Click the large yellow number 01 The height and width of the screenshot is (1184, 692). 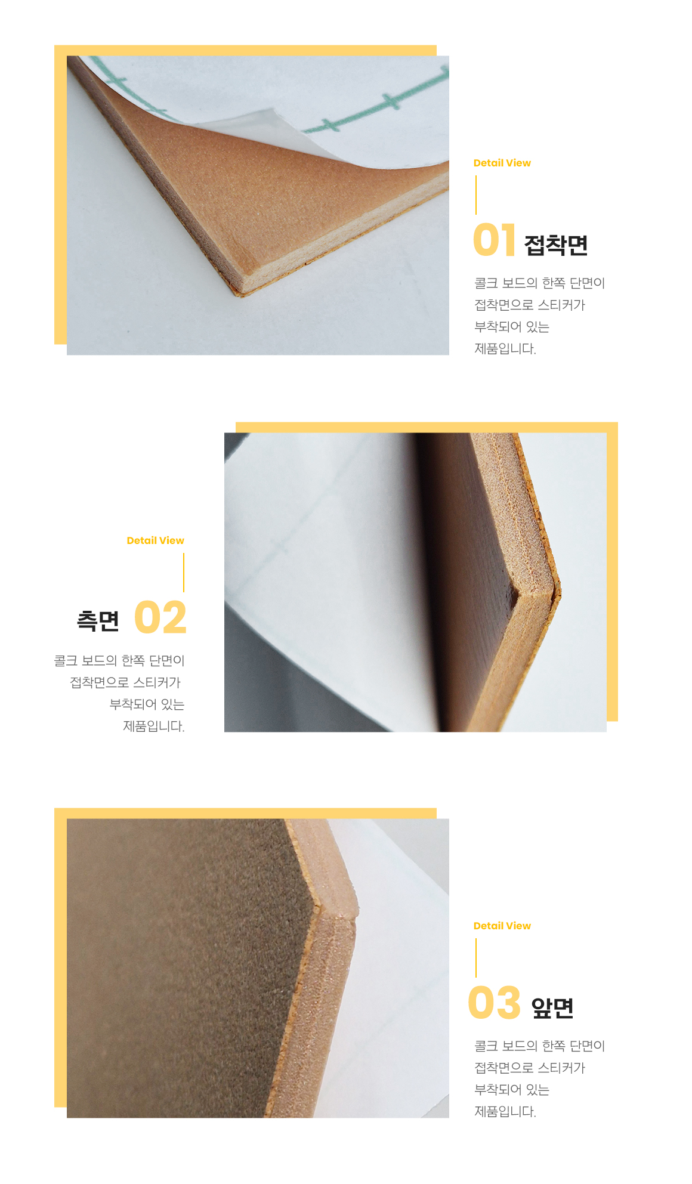point(494,240)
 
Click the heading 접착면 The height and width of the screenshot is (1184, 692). point(556,245)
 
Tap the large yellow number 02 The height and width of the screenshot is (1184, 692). point(160,617)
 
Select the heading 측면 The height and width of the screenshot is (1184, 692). point(98,621)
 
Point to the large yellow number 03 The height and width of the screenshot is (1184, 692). point(495,1003)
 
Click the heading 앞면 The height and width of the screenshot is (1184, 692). point(552,1007)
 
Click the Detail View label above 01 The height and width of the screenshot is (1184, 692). point(502,163)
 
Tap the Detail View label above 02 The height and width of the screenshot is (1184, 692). point(155,540)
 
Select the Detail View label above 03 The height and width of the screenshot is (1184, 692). point(502,926)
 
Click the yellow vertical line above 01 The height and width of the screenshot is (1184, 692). point(476,194)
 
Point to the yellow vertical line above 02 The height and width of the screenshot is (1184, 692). point(184,573)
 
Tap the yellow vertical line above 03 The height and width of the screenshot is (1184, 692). point(476,958)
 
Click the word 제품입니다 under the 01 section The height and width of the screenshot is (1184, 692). point(504,349)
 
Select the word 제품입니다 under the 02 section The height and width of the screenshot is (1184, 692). point(153,727)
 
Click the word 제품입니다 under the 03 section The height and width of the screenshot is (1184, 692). point(504,1112)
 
